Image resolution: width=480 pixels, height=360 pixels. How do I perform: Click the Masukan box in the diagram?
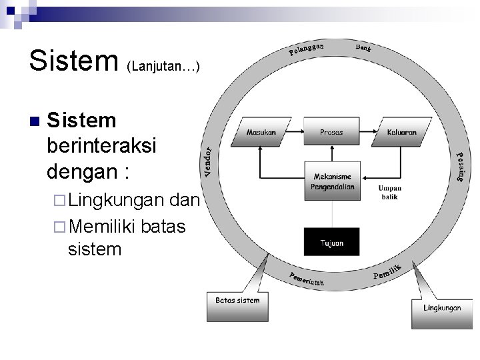pyautogui.click(x=261, y=133)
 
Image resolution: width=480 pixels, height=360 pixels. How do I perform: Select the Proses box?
pyautogui.click(x=331, y=133)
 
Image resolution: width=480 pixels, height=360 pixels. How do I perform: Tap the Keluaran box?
pyautogui.click(x=401, y=133)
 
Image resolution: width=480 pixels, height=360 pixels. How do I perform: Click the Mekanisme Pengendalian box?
pyautogui.click(x=332, y=181)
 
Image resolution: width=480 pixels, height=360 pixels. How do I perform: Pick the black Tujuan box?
pyautogui.click(x=332, y=243)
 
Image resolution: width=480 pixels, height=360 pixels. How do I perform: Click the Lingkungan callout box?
pyautogui.click(x=442, y=309)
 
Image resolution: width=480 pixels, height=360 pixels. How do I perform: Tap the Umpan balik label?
pyautogui.click(x=389, y=192)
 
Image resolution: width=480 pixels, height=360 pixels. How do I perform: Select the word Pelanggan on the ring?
pyautogui.click(x=307, y=49)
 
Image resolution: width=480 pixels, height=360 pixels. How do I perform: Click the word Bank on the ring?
pyautogui.click(x=363, y=48)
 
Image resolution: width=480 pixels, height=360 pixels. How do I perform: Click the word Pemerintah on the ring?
pyautogui.click(x=306, y=279)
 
